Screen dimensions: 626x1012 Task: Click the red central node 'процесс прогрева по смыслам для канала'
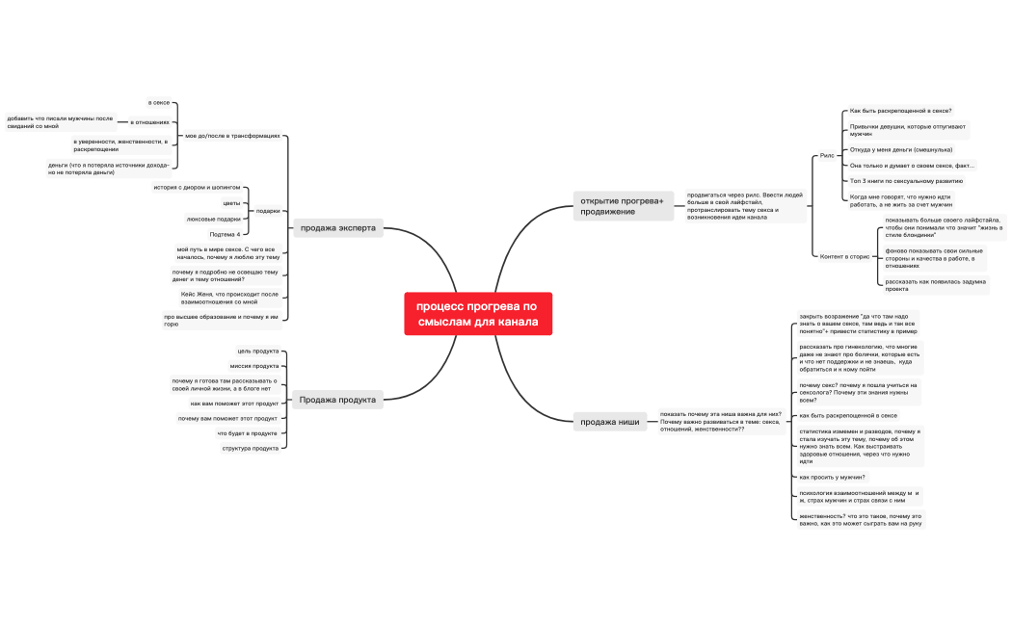tap(478, 314)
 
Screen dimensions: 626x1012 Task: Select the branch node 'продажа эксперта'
tap(338, 228)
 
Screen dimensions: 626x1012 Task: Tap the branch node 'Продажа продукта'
tap(337, 400)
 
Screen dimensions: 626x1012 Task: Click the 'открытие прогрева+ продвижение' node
tap(622, 205)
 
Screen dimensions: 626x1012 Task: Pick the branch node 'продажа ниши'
tap(609, 421)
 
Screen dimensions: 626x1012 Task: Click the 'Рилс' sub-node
tap(827, 154)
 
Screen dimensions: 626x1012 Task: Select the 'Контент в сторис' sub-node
tap(844, 256)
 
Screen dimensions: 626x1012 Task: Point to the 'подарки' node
tap(268, 211)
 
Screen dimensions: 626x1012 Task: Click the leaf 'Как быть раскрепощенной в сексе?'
tap(900, 111)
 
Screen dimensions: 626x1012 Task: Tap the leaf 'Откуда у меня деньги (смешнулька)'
tap(901, 149)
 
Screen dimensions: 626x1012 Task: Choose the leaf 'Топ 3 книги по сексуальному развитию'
tap(906, 180)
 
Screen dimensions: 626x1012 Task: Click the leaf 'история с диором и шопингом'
tap(197, 187)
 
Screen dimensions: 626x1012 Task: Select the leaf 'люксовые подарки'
tap(214, 219)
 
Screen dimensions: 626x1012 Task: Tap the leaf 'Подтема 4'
tap(225, 234)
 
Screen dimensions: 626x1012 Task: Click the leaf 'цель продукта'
tap(257, 351)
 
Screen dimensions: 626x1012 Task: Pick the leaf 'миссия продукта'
tap(254, 366)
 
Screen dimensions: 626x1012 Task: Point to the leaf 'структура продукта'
tap(251, 448)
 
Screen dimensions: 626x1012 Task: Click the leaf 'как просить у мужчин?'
tap(832, 477)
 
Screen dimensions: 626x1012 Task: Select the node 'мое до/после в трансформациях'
tap(232, 136)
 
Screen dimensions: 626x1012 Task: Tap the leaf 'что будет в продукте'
tap(247, 433)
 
